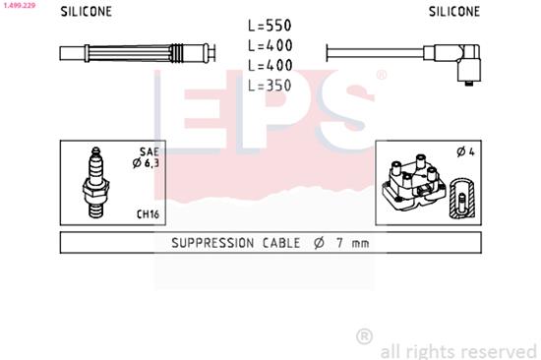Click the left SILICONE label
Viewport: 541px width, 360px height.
click(x=86, y=13)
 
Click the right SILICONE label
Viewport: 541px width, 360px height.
click(x=454, y=13)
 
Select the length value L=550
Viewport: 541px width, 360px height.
click(x=270, y=24)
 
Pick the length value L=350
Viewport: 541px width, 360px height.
click(x=270, y=86)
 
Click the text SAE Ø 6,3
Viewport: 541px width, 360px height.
click(x=149, y=157)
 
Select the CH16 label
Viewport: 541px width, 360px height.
click(x=149, y=213)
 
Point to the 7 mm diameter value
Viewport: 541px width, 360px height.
click(x=352, y=243)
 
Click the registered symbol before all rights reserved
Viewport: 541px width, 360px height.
click(x=363, y=336)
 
